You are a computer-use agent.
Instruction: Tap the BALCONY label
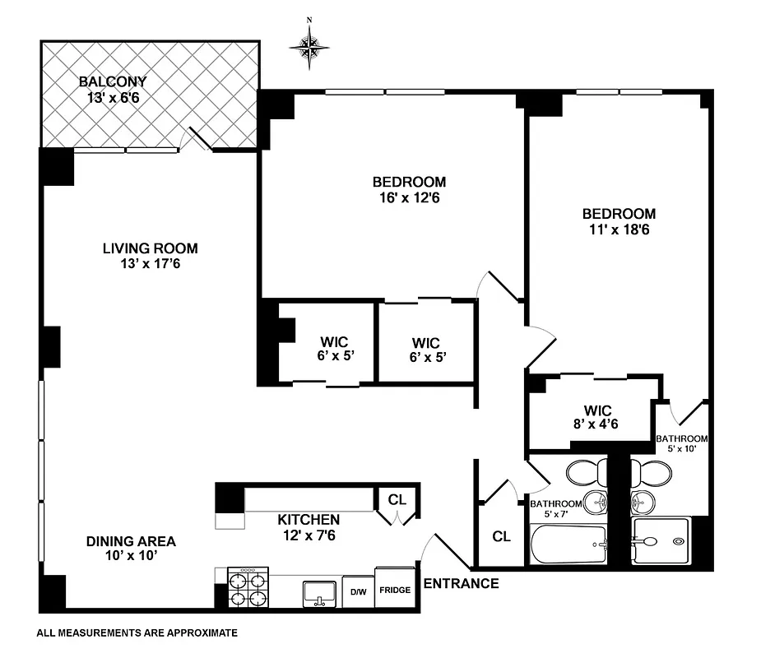[113, 81]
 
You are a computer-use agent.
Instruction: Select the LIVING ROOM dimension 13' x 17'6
[150, 264]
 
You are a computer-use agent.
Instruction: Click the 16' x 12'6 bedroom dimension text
[409, 197]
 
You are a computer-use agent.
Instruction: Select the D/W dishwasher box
[359, 591]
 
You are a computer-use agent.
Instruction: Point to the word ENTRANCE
[461, 584]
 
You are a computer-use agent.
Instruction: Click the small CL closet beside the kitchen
[397, 500]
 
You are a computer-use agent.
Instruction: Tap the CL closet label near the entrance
[501, 536]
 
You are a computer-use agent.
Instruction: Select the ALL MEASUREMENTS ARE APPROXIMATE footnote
[137, 633]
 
